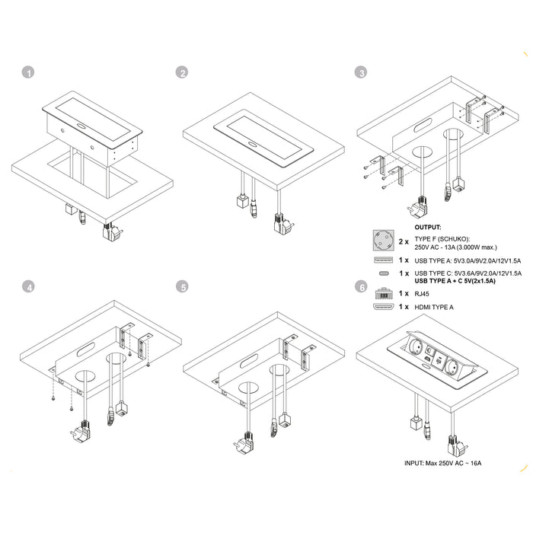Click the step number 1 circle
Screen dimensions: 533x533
coord(28,73)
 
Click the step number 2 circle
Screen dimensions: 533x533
coord(181,73)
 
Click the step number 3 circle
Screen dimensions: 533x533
coord(362,73)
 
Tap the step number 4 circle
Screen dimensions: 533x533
coord(28,287)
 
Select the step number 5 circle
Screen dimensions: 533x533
coord(181,287)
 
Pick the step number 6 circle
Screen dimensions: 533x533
coord(362,287)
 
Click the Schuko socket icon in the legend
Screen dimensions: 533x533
coord(383,241)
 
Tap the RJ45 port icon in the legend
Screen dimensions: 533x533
coord(383,293)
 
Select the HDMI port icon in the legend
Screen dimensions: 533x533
coord(383,308)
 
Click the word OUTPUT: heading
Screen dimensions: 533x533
coord(429,227)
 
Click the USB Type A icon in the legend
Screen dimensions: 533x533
coord(383,260)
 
